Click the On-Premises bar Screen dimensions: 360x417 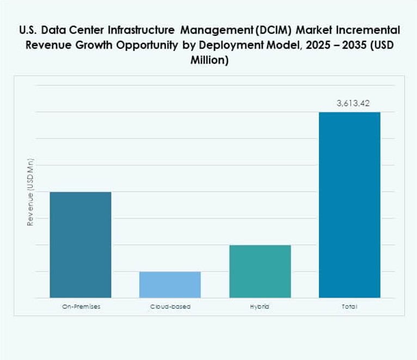tap(80, 245)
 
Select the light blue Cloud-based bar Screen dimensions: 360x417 tap(170, 284)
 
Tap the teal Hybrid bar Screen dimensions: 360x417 tap(260, 271)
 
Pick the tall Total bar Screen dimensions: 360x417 tap(349, 205)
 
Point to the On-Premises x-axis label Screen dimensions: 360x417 tap(81, 307)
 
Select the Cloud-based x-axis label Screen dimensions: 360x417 tap(170, 307)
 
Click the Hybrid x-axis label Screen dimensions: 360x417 tap(260, 307)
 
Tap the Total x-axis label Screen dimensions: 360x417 tap(349, 307)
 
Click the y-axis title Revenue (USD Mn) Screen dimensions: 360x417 tap(31, 193)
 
